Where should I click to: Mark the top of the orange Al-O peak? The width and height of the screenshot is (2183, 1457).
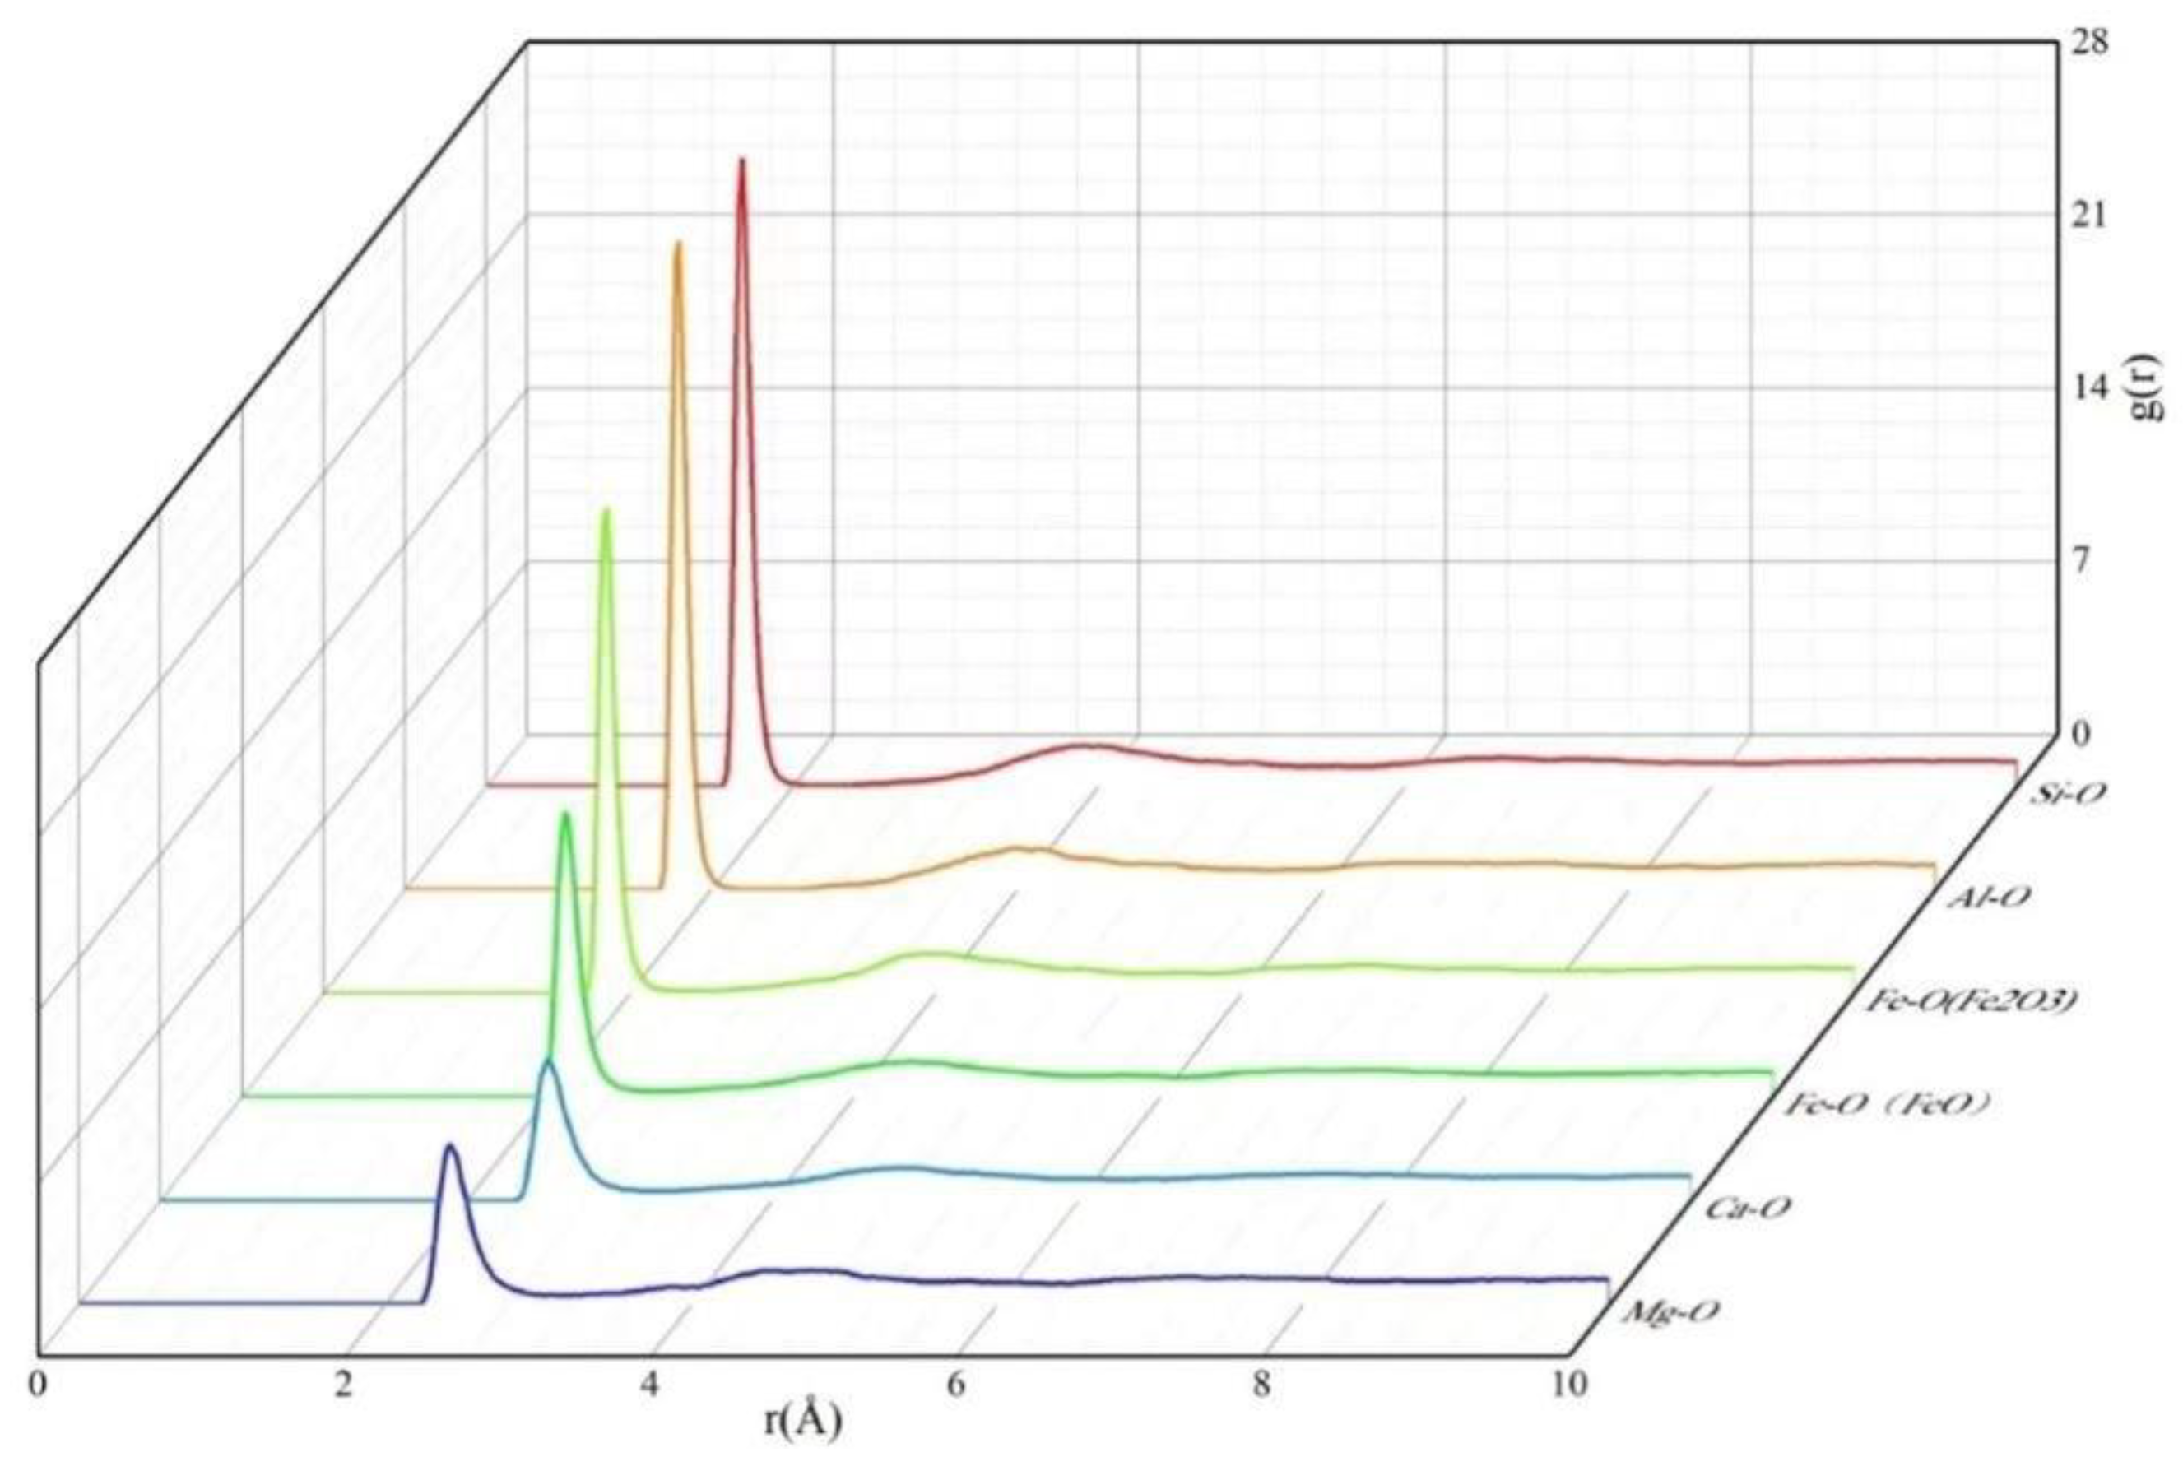point(677,244)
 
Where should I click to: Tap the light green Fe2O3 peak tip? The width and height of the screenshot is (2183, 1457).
point(607,510)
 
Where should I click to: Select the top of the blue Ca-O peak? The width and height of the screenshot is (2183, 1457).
point(548,1060)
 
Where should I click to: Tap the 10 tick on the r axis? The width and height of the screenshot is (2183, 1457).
point(1572,1385)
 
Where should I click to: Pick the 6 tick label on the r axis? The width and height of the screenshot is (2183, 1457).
point(956,1385)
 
